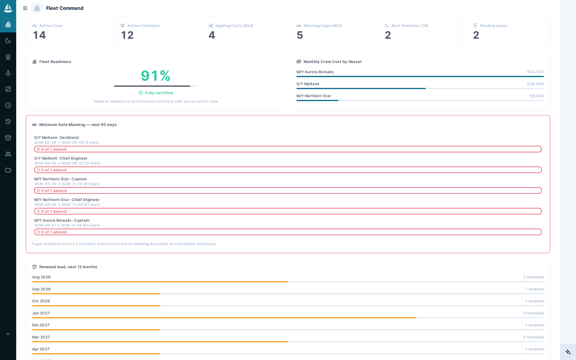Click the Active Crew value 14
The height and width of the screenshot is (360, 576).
coord(39,35)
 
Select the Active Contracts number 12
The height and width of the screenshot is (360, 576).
coord(127,35)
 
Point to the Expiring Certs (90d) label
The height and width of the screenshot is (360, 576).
coord(234,26)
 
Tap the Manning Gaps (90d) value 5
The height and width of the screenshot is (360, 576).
coord(300,35)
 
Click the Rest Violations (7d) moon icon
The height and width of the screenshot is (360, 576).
coord(387,26)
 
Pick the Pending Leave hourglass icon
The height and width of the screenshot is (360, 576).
coord(475,26)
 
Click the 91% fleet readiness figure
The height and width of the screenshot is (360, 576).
coord(156,76)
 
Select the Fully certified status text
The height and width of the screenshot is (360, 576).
coord(159,93)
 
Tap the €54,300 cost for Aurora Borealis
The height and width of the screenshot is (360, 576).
coord(535,72)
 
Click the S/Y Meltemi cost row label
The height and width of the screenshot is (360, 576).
coord(307,84)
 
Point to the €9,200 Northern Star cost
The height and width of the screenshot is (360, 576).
coord(537,96)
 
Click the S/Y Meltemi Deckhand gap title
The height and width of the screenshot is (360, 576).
coord(56,138)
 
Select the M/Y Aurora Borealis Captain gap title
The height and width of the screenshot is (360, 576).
coord(62,220)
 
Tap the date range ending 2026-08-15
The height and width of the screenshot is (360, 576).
coord(67,163)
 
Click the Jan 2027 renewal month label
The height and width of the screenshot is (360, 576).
coord(41,313)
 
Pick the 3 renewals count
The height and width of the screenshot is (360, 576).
coord(533,313)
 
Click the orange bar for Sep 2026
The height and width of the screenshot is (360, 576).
coord(96,294)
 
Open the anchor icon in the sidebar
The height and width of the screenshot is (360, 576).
coord(8,73)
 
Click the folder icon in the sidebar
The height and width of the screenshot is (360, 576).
coord(8,170)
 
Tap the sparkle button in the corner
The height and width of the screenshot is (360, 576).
coord(568,352)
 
